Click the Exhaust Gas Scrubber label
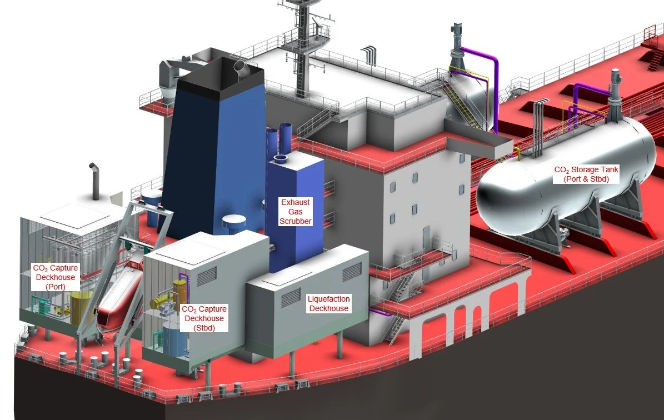pyautogui.click(x=295, y=212)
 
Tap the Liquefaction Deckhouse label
pyautogui.click(x=328, y=304)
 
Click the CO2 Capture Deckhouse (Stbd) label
pyautogui.click(x=204, y=318)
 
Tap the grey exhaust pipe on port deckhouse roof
pyautogui.click(x=95, y=181)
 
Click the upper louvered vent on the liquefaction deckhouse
pyautogui.click(x=351, y=272)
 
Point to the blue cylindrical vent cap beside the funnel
pyautogui.click(x=233, y=222)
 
